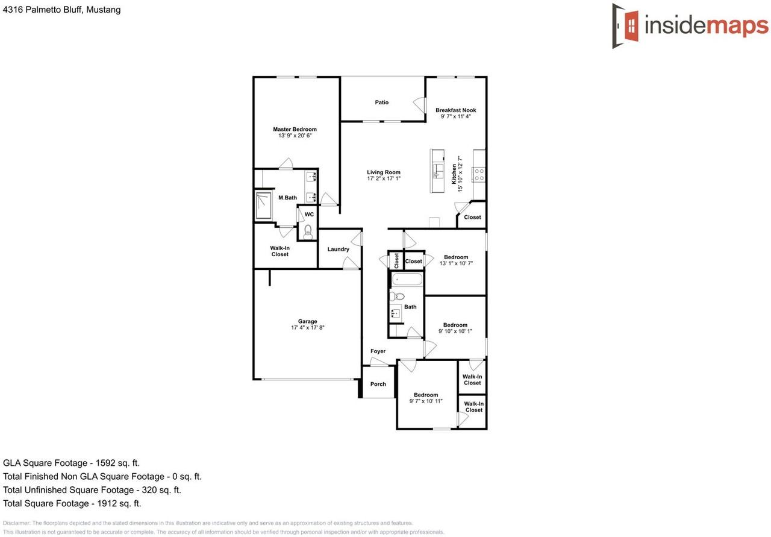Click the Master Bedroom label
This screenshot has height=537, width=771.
click(x=295, y=129)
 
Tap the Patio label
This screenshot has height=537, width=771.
click(x=382, y=102)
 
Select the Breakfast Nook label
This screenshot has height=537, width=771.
click(x=456, y=110)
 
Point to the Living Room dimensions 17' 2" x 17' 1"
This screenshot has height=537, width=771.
click(x=384, y=179)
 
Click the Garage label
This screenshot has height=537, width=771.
click(x=307, y=321)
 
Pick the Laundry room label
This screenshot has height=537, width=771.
click(x=339, y=250)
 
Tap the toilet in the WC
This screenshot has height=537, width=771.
click(x=308, y=230)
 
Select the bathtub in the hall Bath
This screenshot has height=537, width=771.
click(x=407, y=280)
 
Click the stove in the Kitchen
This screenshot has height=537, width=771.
click(x=479, y=175)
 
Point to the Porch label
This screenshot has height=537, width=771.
click(x=378, y=385)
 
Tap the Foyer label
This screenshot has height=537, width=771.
click(x=378, y=351)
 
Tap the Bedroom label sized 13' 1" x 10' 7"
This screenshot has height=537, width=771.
click(x=455, y=257)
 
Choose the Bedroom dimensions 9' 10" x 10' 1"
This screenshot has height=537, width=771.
click(x=455, y=331)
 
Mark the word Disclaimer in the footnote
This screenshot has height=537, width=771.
click(x=16, y=523)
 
